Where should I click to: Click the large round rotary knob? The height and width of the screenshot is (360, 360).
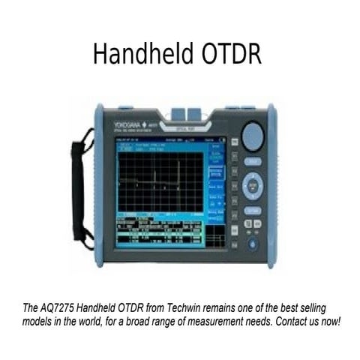coord(253,137)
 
